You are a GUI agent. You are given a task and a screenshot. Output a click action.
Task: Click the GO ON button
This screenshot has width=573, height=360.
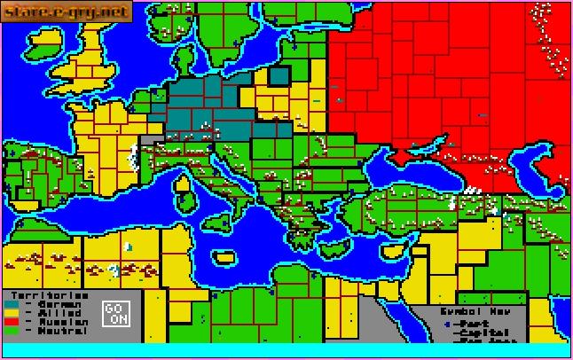tap(116, 313)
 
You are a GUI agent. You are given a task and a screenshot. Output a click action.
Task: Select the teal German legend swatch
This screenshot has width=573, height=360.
tap(12, 304)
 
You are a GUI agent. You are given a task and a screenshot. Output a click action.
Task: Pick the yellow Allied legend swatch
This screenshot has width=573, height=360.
tap(12, 313)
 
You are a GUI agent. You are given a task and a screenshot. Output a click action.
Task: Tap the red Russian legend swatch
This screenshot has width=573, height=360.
tap(12, 322)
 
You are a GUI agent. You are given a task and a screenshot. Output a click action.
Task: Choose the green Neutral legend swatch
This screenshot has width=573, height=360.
tap(12, 331)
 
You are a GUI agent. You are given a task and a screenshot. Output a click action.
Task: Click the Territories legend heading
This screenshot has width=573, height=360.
tap(46, 295)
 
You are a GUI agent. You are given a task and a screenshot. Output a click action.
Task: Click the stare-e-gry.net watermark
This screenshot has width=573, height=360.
tap(67, 12)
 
